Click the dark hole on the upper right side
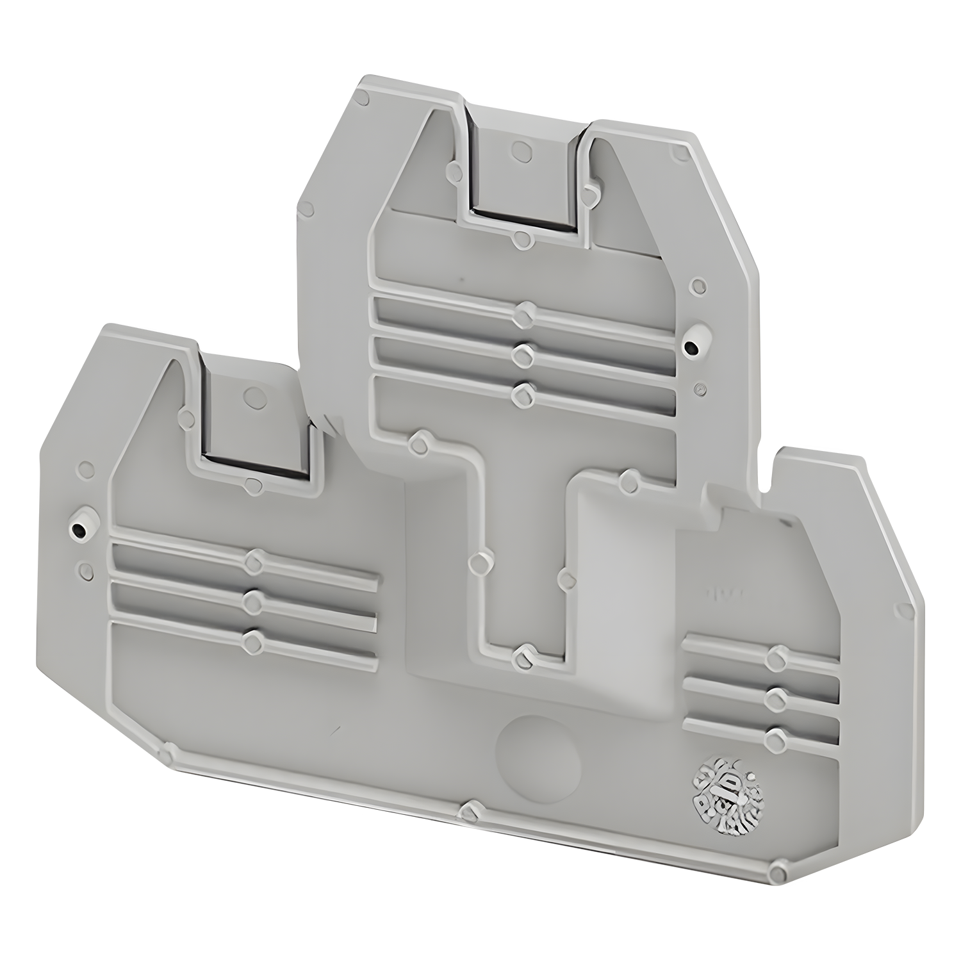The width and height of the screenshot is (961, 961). point(691,348)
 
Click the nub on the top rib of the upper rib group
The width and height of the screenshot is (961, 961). point(525,313)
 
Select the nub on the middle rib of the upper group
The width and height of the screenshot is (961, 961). point(525,352)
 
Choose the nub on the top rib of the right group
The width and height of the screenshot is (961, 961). point(778,657)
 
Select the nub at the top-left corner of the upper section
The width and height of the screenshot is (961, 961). point(362,97)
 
